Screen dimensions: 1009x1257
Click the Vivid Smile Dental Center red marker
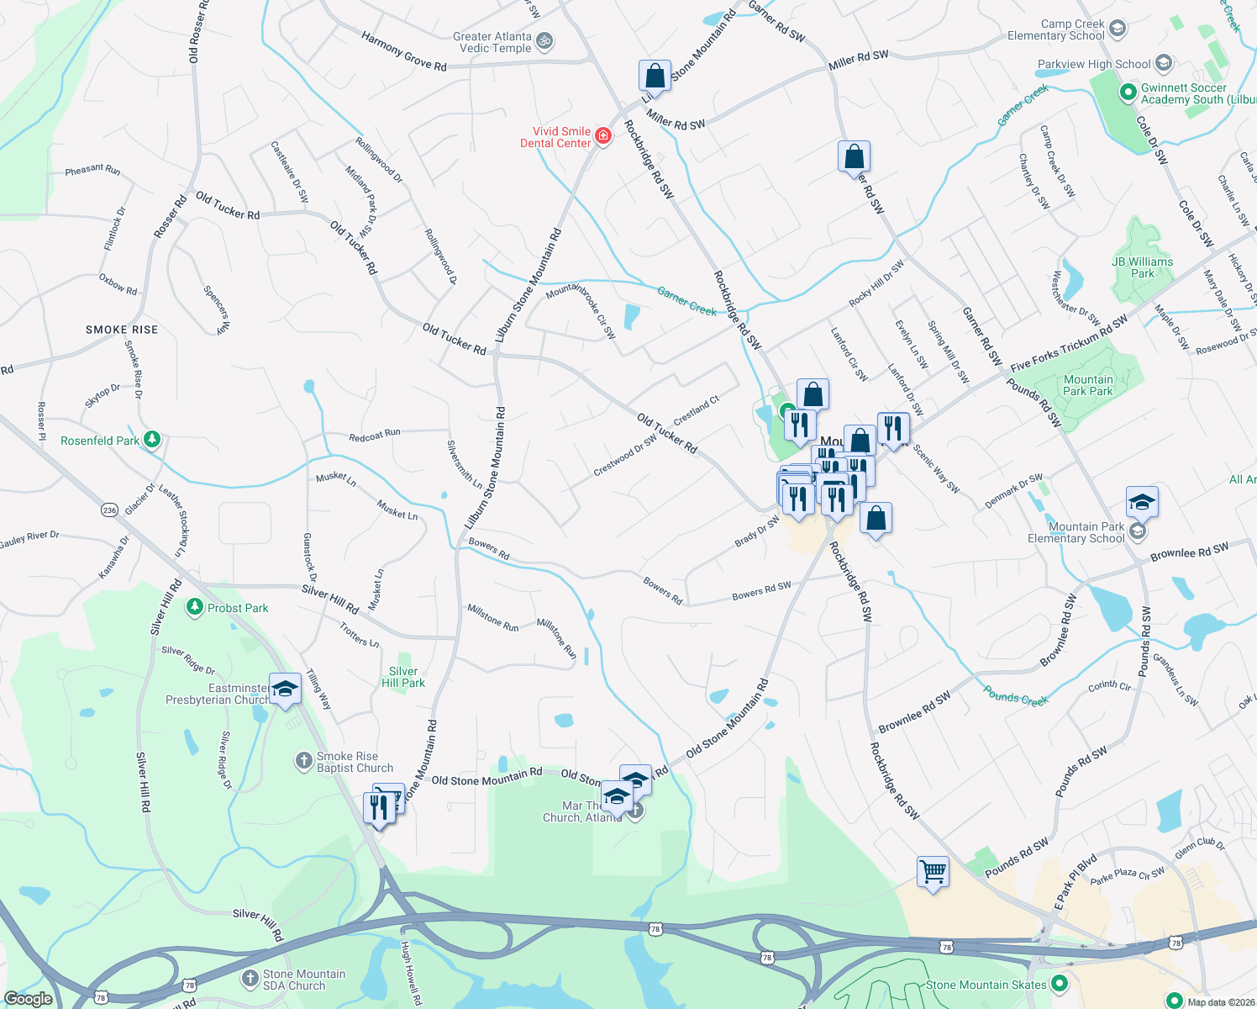coord(602,136)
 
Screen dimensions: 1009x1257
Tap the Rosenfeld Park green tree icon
coord(152,440)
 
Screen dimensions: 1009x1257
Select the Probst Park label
coord(238,608)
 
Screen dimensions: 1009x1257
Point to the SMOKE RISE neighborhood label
coord(122,330)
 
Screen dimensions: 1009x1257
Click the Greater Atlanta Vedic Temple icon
coord(544,40)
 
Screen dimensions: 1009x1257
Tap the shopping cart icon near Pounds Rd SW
coord(934,872)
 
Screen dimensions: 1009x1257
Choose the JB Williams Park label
coord(1142,267)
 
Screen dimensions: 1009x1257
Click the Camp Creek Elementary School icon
coord(1117,29)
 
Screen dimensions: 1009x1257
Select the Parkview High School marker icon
coord(1163,63)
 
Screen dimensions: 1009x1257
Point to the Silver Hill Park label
coord(403,677)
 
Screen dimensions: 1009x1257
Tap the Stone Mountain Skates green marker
coord(1059,983)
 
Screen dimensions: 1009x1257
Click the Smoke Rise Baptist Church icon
coord(304,761)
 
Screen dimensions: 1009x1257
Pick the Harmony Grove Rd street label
coord(403,50)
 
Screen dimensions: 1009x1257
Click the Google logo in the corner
coord(28,999)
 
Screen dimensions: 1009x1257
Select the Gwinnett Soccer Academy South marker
coord(1128,92)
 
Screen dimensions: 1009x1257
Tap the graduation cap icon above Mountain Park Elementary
coord(1142,503)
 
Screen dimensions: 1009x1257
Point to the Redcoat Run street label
coord(375,435)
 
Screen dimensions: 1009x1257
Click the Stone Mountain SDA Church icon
coord(250,979)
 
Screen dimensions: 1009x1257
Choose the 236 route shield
coord(109,510)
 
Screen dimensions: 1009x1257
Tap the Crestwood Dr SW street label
coord(625,455)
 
